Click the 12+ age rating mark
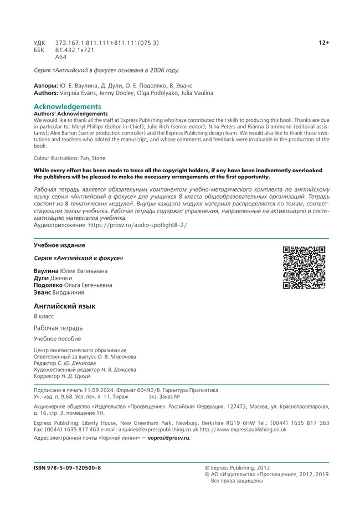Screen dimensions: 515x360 pos(324,43)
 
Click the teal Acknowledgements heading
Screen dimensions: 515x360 pos(68,106)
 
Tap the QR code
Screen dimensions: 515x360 pos(304,267)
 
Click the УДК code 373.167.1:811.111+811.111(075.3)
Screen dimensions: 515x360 pos(107,43)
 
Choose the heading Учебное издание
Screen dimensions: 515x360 pos(59,245)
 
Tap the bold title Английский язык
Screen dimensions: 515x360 pos(65,306)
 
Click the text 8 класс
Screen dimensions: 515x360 pos(44,316)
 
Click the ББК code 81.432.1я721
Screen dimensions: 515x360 pos(75,50)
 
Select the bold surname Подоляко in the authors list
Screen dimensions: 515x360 pos(49,285)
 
